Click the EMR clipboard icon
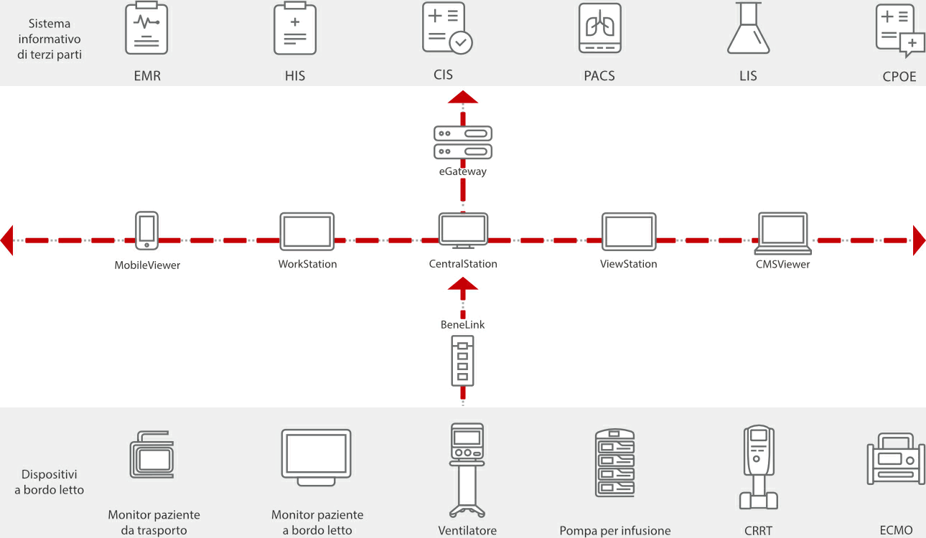click(x=146, y=29)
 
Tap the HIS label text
click(x=295, y=75)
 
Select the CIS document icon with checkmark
click(x=446, y=29)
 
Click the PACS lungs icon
click(x=600, y=29)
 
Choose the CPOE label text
click(x=899, y=77)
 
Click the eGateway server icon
click(x=463, y=143)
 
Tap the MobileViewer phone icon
click(x=147, y=230)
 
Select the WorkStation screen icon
click(x=307, y=231)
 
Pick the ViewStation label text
click(x=629, y=264)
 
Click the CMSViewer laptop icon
click(x=783, y=232)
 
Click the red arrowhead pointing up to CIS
click(x=463, y=98)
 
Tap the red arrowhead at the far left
click(x=7, y=240)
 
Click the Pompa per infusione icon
click(x=615, y=463)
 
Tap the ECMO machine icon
click(x=895, y=458)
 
